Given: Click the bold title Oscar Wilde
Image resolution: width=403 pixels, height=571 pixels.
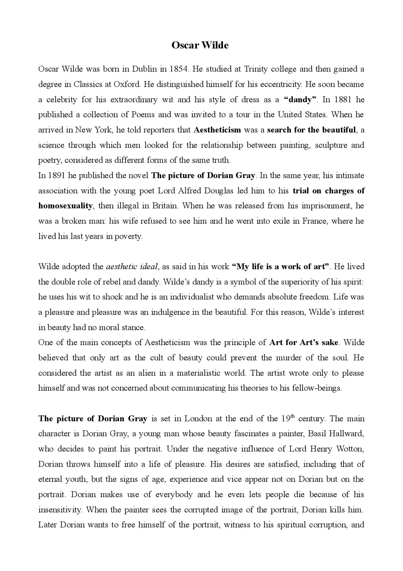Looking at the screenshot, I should tap(200, 45).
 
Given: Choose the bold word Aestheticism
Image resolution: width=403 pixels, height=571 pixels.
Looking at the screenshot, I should tap(217, 130).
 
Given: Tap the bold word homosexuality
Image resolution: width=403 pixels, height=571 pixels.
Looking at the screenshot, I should tap(65, 206).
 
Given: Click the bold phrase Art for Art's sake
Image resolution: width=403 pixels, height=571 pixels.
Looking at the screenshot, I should tap(304, 342).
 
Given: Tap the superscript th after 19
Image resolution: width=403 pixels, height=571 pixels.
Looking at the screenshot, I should tap(292, 416).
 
